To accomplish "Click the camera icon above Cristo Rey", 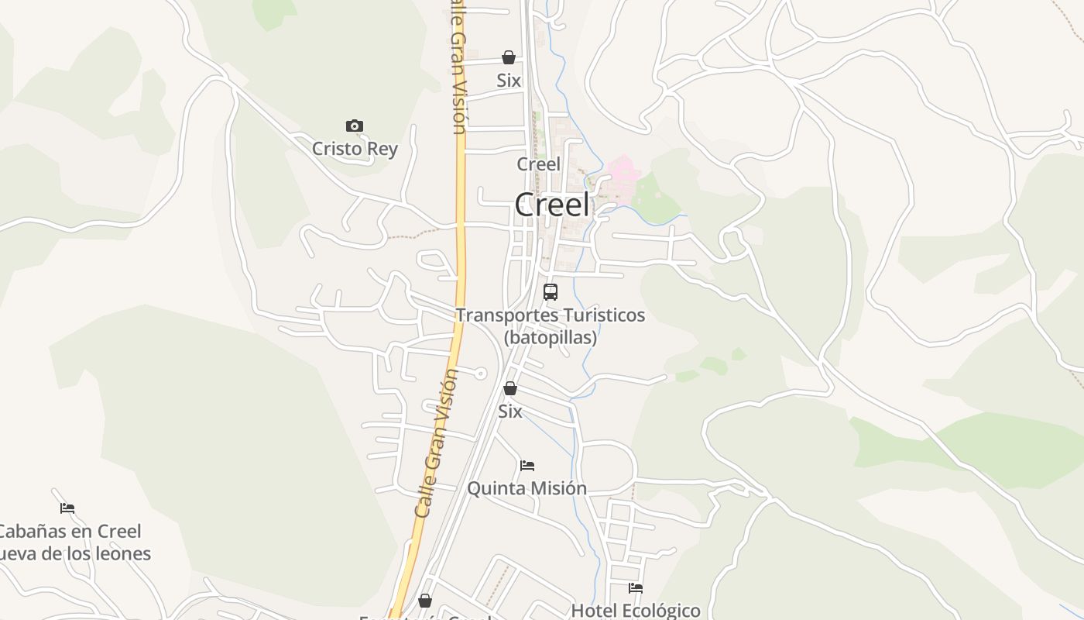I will [x=355, y=126].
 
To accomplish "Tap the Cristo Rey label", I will [x=355, y=148].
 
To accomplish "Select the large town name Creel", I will [x=551, y=205].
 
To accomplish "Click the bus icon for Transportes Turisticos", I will [x=551, y=292].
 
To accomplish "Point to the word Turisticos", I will [x=603, y=315].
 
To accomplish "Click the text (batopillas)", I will [x=551, y=337].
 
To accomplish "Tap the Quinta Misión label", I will [x=527, y=488].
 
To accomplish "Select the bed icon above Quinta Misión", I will [x=527, y=466].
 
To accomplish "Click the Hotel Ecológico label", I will [x=635, y=610].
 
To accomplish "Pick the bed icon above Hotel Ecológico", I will [x=636, y=587].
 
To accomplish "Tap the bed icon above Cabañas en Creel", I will [x=67, y=508].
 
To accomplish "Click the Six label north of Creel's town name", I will [x=509, y=81].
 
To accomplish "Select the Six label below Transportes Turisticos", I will [x=509, y=412].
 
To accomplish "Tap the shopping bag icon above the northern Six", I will [x=509, y=57].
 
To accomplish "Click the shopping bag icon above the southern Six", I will [x=510, y=388].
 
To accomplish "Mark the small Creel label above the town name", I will [x=538, y=164].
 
